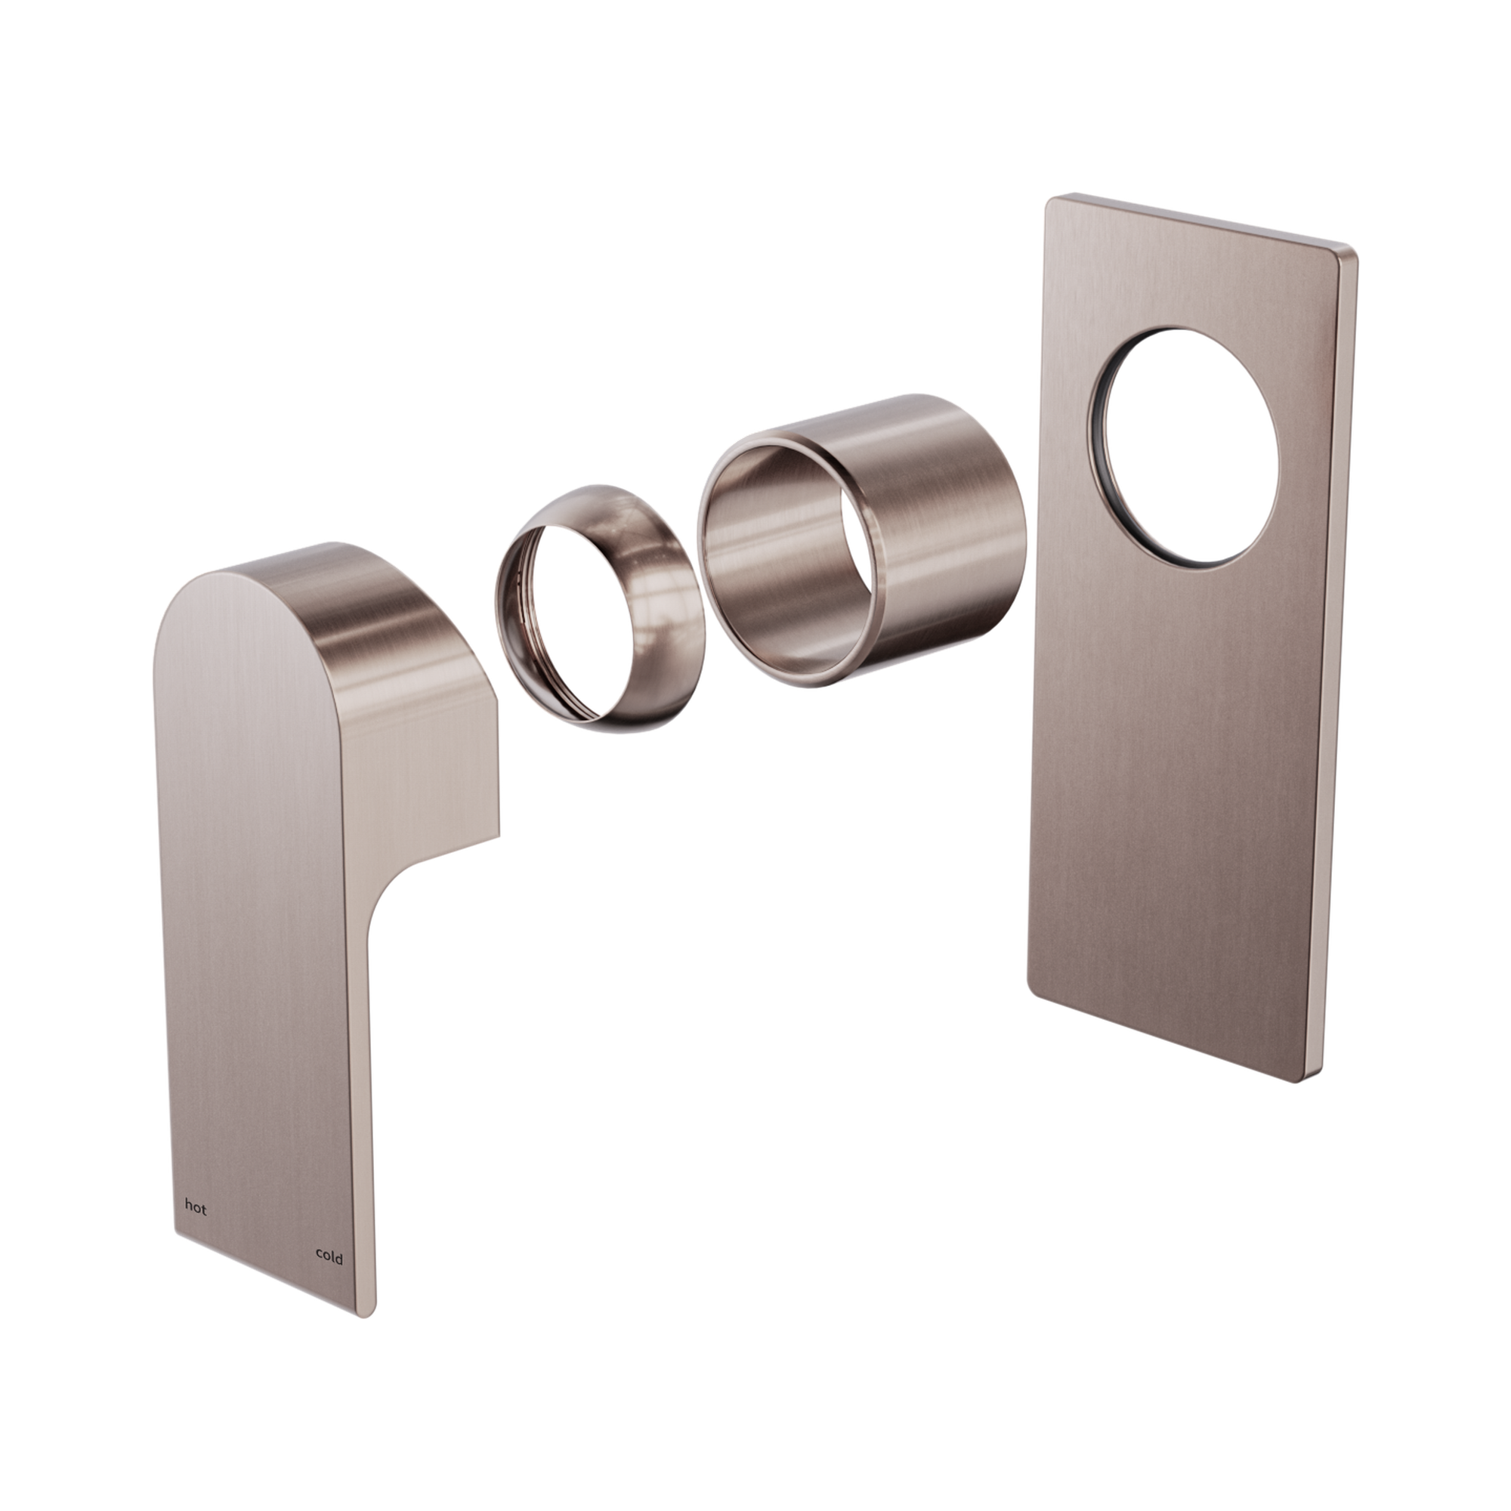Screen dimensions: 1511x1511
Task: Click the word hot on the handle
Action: tap(196, 1208)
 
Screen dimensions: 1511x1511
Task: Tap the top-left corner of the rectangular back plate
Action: tap(1052, 202)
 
